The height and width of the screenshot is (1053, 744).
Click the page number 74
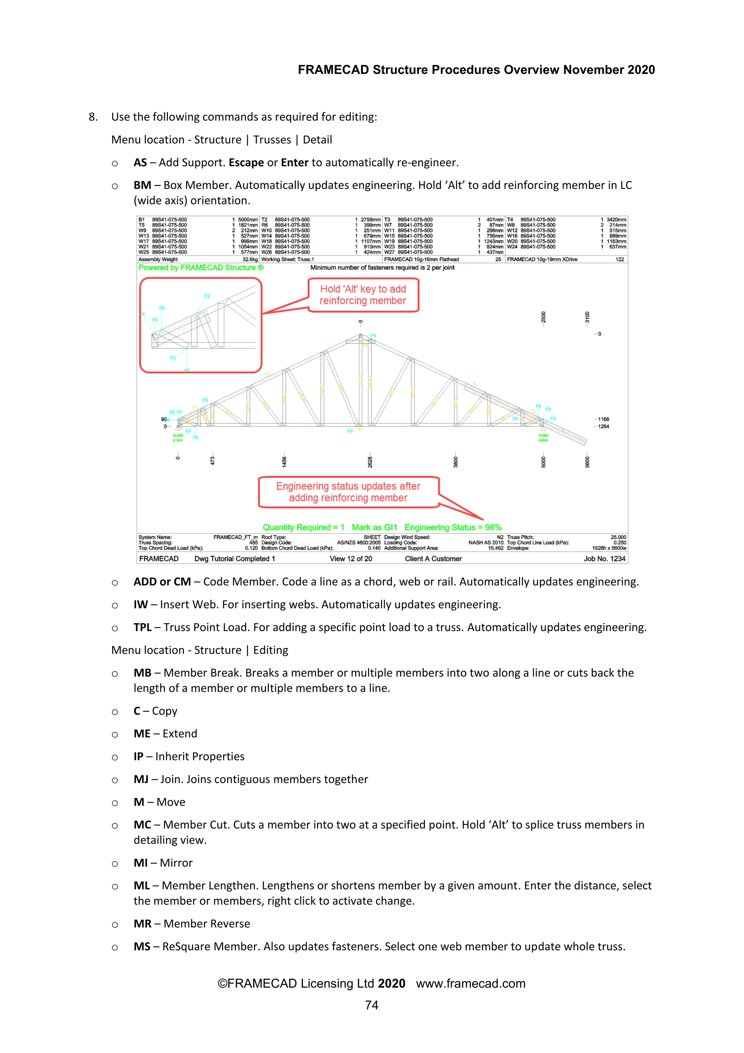tap(372, 1005)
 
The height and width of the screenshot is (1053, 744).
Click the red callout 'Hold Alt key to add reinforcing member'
tap(363, 295)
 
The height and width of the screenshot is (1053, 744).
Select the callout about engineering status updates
tap(348, 492)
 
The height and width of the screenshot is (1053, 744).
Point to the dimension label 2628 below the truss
tap(370, 462)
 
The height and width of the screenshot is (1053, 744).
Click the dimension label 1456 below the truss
tap(284, 462)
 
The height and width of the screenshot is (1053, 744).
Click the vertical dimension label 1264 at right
tap(603, 427)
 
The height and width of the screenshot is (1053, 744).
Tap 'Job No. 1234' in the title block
tap(604, 559)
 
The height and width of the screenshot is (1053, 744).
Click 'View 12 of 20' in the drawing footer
tap(351, 559)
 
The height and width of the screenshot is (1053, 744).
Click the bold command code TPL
tap(142, 627)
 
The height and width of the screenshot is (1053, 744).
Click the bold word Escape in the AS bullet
tap(246, 163)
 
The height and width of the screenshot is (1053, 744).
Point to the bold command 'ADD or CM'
tap(162, 582)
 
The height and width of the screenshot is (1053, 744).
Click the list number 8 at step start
tap(93, 117)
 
